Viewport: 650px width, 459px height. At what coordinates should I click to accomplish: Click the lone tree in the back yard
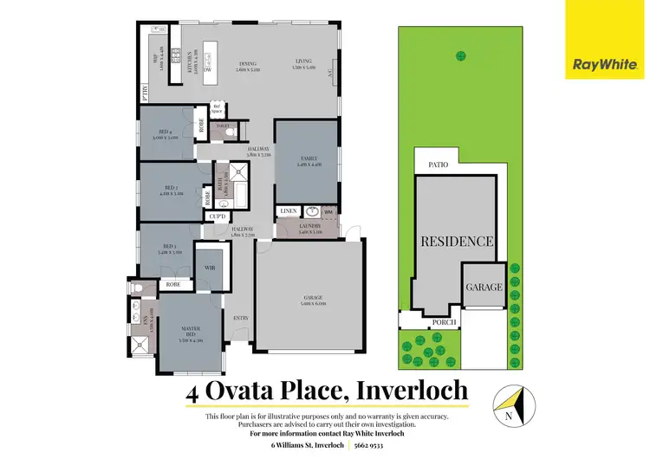click(x=458, y=57)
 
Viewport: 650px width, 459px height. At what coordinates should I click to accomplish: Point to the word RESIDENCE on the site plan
click(x=457, y=242)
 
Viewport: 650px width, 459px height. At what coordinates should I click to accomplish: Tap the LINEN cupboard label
click(x=288, y=211)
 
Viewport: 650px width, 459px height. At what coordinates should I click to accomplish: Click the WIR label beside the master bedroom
click(x=210, y=268)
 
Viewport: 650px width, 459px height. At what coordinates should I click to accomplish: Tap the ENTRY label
click(x=241, y=319)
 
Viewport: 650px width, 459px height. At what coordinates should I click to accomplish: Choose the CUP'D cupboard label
click(x=219, y=217)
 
